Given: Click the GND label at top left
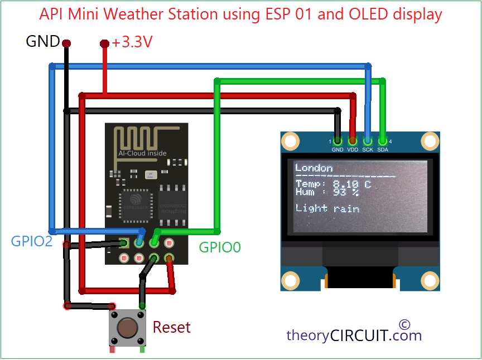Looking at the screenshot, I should click(42, 41).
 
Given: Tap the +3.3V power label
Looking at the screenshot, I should click(133, 42).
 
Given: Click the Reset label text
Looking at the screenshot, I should click(171, 327).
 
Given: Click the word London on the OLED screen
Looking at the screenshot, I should click(314, 168).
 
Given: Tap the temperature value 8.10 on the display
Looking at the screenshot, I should click(344, 184).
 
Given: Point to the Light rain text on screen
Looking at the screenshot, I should click(327, 208).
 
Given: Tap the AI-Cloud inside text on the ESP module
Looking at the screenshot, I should click(142, 153).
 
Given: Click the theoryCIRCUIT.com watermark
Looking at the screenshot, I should click(354, 335).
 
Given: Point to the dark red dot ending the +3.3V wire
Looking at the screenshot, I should click(104, 43).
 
